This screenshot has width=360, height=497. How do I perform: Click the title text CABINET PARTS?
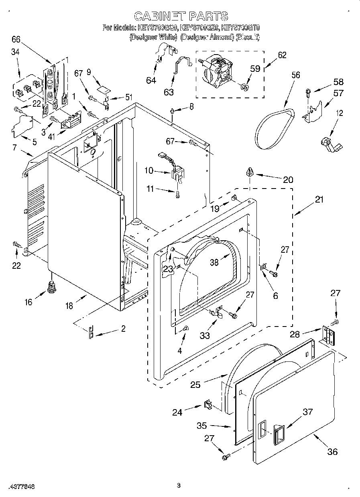click(x=181, y=16)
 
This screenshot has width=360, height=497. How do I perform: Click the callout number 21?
click(x=319, y=200)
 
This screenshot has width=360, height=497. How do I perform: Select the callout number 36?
click(x=332, y=452)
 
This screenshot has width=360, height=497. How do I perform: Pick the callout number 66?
click(x=16, y=39)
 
